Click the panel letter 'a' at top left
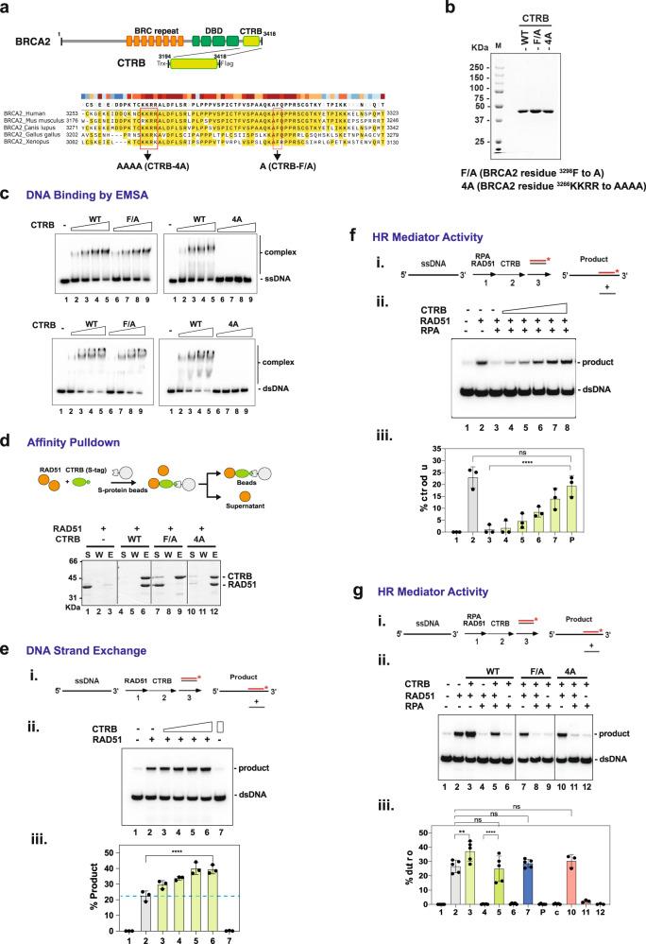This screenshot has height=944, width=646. (x=8, y=8)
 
